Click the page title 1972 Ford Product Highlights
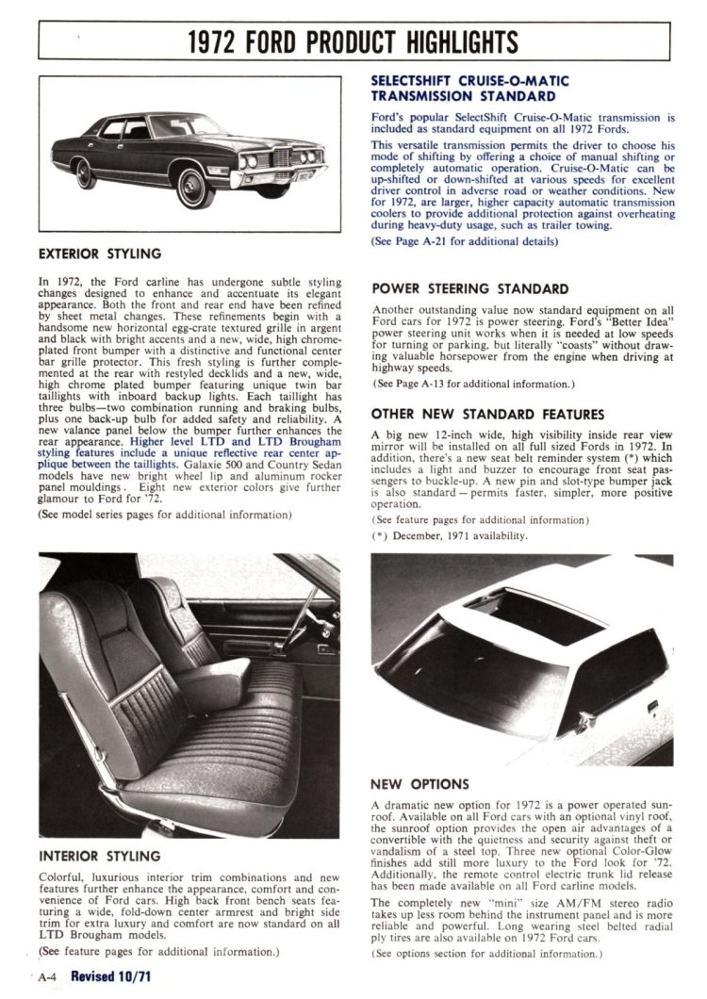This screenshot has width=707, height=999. coord(353,41)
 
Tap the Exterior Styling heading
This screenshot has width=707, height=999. coord(99,254)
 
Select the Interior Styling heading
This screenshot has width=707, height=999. coord(99,857)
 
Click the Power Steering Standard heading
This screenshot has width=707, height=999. coord(469,289)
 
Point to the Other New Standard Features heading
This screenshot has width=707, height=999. coord(487,414)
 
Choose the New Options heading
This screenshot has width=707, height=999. coord(419,784)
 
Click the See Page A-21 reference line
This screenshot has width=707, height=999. coord(464,242)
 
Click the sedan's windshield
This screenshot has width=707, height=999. coord(184,126)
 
